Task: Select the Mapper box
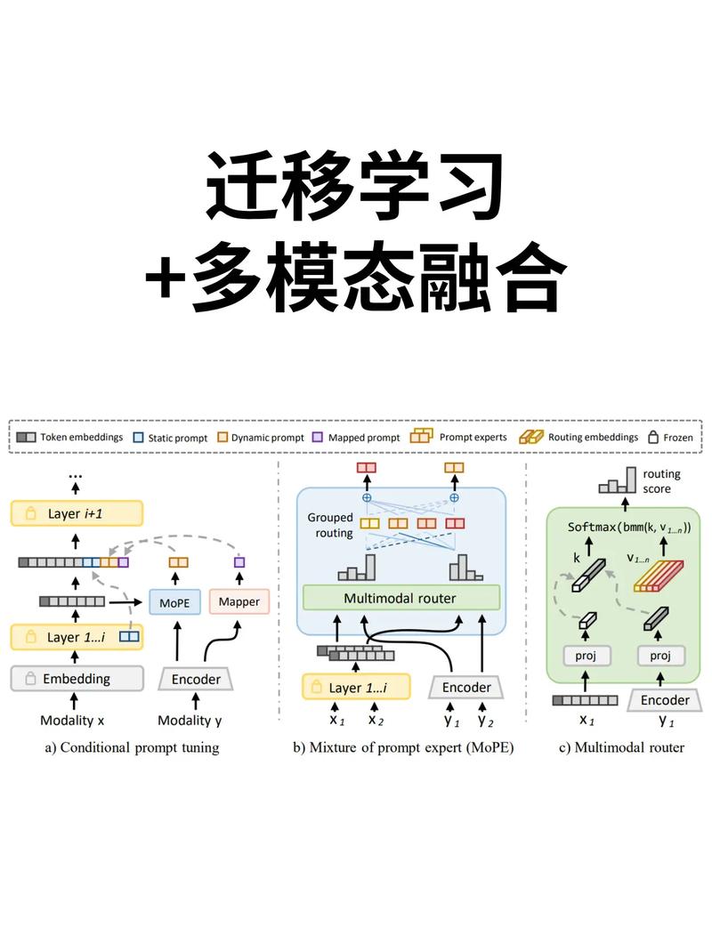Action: pyautogui.click(x=239, y=602)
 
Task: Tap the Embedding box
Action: pyautogui.click(x=77, y=679)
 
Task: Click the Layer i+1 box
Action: pyautogui.click(x=77, y=513)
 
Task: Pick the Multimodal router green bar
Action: pyautogui.click(x=400, y=598)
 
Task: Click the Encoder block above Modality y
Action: pyautogui.click(x=196, y=679)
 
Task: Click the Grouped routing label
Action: pyautogui.click(x=330, y=525)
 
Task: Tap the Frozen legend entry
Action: pyautogui.click(x=673, y=437)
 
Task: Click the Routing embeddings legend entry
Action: pyautogui.click(x=579, y=437)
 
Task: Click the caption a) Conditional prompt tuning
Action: pyautogui.click(x=132, y=747)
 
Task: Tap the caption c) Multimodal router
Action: pyautogui.click(x=621, y=747)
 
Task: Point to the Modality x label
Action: pyautogui.click(x=75, y=720)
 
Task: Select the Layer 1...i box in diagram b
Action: pyautogui.click(x=358, y=688)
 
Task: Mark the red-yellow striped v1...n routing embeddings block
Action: pyautogui.click(x=659, y=576)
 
